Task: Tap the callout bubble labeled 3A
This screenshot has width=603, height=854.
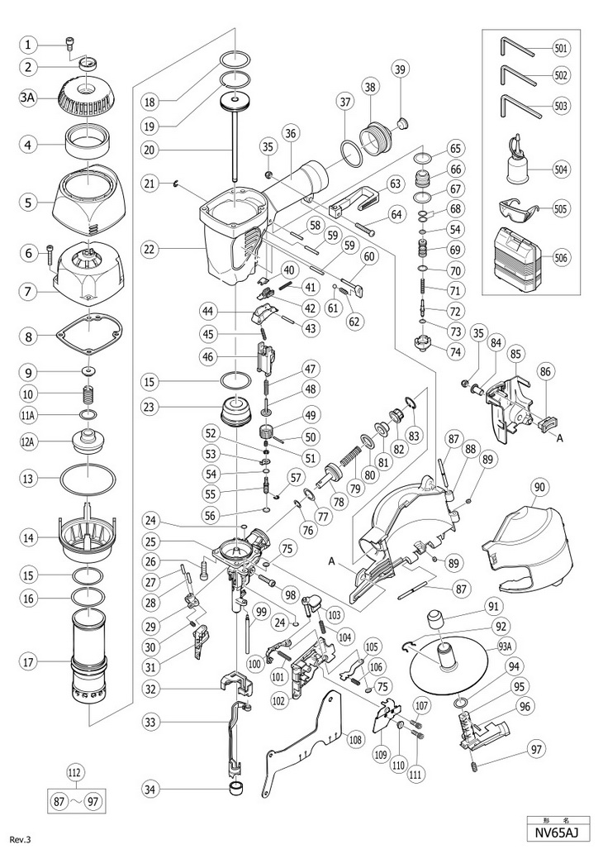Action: coord(28,96)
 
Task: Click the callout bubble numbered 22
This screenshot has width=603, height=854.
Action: coord(150,247)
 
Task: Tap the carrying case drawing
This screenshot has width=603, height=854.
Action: coord(515,257)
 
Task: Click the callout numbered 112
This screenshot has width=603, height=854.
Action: coord(75,775)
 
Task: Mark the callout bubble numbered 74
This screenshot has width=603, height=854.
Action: coord(454,351)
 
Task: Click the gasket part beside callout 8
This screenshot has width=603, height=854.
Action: coord(89,336)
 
